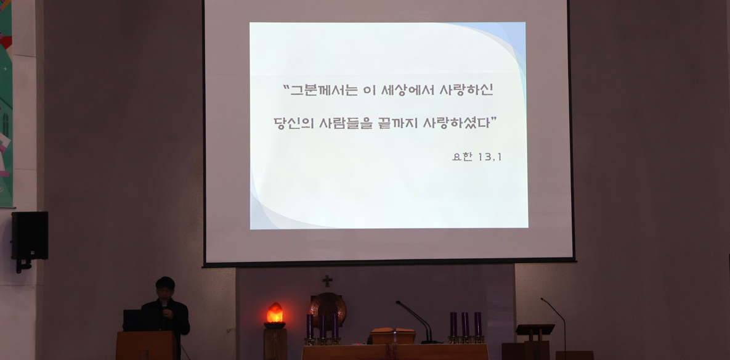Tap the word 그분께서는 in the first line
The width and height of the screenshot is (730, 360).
pos(320,90)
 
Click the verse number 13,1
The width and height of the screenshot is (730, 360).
pos(489,157)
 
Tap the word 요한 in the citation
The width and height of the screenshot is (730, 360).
pos(462,157)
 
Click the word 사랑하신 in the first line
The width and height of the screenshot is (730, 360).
pos(466,90)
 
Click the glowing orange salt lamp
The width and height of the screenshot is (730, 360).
pos(275,313)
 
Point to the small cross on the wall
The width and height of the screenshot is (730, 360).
pos(327,281)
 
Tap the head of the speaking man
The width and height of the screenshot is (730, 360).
pos(165,288)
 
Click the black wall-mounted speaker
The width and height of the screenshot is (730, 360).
pos(30,235)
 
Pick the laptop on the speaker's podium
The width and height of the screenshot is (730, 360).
pos(140,320)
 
